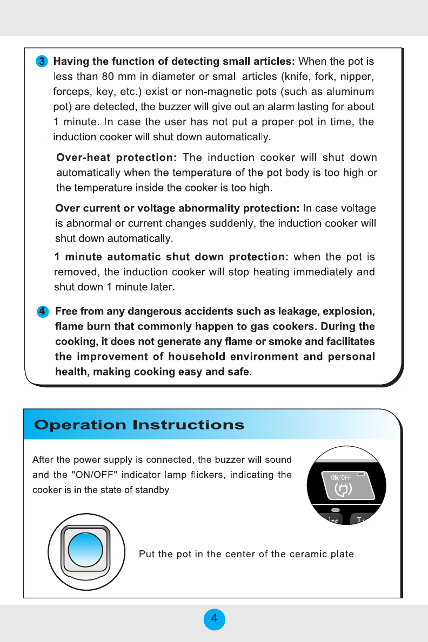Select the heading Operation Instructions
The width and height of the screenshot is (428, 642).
point(139,425)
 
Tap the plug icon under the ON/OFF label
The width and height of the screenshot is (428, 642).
point(343,489)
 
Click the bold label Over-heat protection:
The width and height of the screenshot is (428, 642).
point(117,158)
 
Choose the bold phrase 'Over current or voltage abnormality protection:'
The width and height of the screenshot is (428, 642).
point(177,208)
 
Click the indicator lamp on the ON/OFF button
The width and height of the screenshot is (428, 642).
point(361,475)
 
